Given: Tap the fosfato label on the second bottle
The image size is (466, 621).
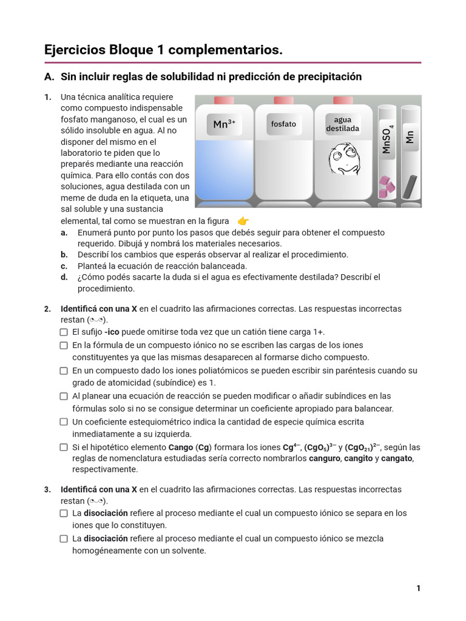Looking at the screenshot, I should coord(283,124).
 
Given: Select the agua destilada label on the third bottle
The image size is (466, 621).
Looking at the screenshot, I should coord(342,124).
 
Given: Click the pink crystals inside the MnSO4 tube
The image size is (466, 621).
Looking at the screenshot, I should coord(387,186).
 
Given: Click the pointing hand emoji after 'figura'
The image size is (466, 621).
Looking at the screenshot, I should coord(243,221).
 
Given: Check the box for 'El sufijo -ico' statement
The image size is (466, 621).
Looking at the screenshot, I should coord(64,332).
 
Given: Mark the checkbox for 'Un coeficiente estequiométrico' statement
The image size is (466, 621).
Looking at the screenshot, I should coord(64,422).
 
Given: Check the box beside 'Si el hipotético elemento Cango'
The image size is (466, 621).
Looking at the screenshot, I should coord(64,448).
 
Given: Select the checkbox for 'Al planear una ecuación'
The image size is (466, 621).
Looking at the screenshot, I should coord(64,397).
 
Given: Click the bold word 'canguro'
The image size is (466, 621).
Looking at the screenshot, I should coord(325,458).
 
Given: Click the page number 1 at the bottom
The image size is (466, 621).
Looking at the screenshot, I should coord(418,588).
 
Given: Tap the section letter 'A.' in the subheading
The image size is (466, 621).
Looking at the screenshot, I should coord(50,77).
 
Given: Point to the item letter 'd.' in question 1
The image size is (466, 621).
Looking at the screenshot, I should coord(64,277).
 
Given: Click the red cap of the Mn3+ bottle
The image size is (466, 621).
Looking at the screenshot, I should coord(224,100).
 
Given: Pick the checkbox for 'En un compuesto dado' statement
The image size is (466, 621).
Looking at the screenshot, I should coord(64,371).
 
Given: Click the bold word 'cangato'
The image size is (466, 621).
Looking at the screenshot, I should coord(397,458).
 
